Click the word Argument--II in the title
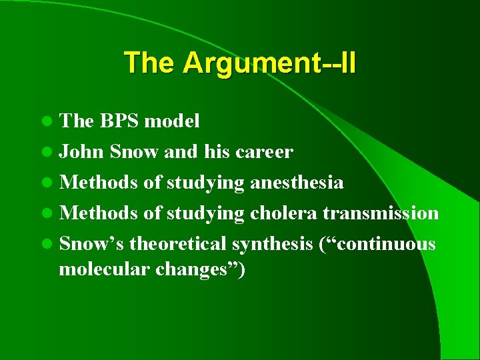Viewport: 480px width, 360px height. click(x=270, y=63)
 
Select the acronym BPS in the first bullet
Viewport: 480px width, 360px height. click(x=121, y=121)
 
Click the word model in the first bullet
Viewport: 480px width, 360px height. click(x=172, y=121)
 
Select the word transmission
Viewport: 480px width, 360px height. click(x=381, y=213)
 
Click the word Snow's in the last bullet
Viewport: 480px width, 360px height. click(x=92, y=244)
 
